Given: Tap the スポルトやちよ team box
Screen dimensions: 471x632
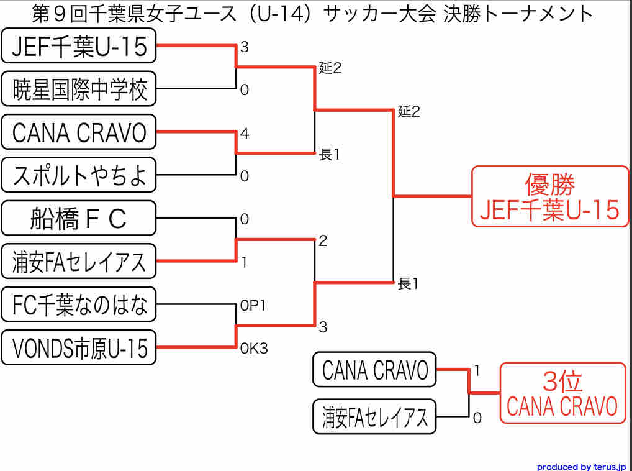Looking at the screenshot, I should pyautogui.click(x=79, y=176).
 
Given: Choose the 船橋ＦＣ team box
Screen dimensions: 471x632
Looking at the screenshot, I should pyautogui.click(x=79, y=219).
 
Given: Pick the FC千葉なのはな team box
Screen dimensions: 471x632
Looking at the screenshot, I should pyautogui.click(x=79, y=305).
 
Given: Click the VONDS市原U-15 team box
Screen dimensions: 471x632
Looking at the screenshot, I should pyautogui.click(x=79, y=348).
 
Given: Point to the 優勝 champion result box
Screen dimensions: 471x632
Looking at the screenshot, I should pyautogui.click(x=550, y=196).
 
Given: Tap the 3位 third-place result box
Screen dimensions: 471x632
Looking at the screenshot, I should pyautogui.click(x=562, y=393).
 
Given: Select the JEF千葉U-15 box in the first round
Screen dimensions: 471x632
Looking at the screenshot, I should pyautogui.click(x=79, y=47).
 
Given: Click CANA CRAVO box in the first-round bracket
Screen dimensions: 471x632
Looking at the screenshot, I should pyautogui.click(x=79, y=132).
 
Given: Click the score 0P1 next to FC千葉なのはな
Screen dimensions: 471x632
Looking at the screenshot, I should pyautogui.click(x=253, y=306).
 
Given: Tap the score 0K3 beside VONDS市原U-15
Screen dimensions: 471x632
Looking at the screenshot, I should pyautogui.click(x=254, y=349).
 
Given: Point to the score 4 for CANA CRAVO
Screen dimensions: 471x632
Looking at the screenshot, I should pyautogui.click(x=245, y=133).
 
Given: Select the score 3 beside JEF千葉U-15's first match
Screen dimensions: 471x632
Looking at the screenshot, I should pyautogui.click(x=245, y=47).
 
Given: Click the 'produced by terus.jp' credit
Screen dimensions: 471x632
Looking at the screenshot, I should pyautogui.click(x=581, y=466).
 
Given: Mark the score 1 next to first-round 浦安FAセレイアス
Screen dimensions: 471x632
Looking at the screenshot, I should pyautogui.click(x=245, y=263).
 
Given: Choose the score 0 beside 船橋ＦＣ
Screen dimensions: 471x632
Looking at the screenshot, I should pyautogui.click(x=245, y=219).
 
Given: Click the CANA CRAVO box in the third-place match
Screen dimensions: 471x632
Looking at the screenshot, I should pyautogui.click(x=375, y=370).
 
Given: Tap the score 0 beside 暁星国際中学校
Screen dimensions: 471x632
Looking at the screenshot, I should pyautogui.click(x=245, y=90).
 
